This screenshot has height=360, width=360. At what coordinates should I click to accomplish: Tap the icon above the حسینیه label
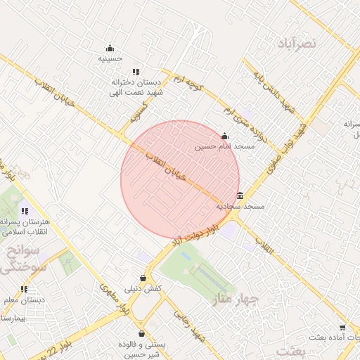110,49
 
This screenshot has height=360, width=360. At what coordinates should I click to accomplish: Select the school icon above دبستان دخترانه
136,72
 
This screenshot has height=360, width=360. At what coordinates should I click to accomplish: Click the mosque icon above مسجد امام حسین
224,136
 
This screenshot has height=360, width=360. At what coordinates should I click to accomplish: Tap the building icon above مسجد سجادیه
240,195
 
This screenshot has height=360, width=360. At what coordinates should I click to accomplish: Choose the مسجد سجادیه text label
240,207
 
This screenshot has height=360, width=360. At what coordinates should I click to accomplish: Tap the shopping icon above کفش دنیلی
143,278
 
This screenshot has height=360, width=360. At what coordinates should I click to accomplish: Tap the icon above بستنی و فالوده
142,333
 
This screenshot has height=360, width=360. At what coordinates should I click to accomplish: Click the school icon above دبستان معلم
25,289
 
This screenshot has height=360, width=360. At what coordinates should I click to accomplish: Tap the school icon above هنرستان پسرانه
25,211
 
